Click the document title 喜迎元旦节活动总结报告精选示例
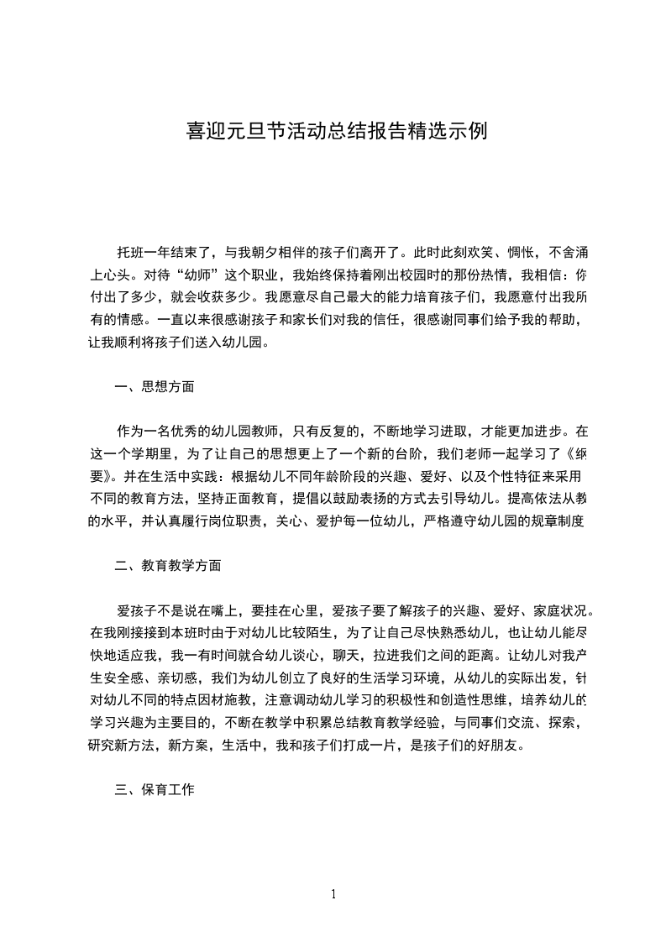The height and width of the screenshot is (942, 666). [335, 133]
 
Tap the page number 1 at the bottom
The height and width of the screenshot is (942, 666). [333, 894]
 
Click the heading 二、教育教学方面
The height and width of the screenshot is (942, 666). [168, 566]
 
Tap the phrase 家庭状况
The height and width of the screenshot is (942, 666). [562, 610]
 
